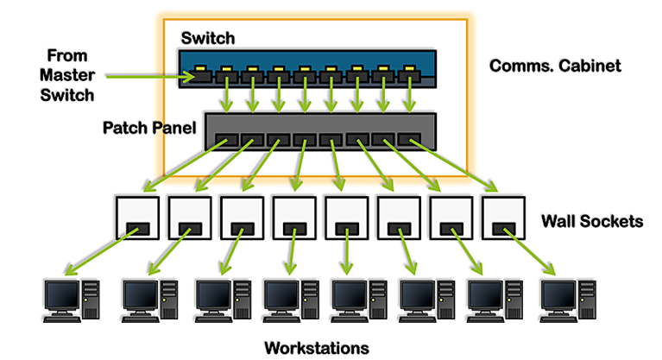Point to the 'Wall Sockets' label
(591, 221)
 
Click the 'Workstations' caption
(316, 347)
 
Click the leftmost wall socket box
(138, 219)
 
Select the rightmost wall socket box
(504, 219)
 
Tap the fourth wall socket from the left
(294, 219)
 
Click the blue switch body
(302, 61)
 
